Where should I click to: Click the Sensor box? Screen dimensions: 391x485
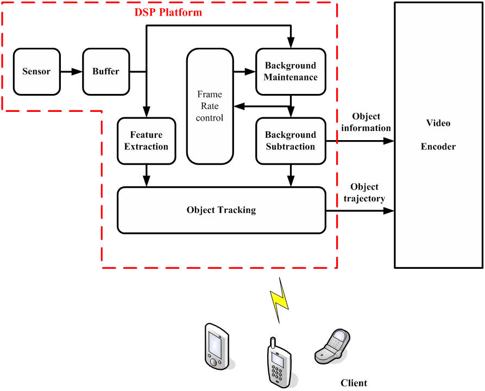click(36, 71)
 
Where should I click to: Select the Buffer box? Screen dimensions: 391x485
click(106, 71)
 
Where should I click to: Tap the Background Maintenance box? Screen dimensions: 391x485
click(291, 71)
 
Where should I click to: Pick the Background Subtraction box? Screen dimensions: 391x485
click(291, 141)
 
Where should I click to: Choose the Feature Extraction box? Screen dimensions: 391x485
click(146, 141)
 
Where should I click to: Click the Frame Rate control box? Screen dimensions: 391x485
click(210, 106)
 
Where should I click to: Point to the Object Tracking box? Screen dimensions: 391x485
click(221, 210)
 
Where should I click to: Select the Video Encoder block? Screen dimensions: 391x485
click(438, 135)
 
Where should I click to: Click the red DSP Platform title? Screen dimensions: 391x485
click(168, 12)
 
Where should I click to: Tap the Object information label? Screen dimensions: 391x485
click(366, 122)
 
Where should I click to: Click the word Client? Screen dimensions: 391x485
click(354, 383)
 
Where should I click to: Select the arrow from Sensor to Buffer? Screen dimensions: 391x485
click(71, 71)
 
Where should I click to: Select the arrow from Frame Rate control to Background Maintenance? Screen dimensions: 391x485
click(244, 71)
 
